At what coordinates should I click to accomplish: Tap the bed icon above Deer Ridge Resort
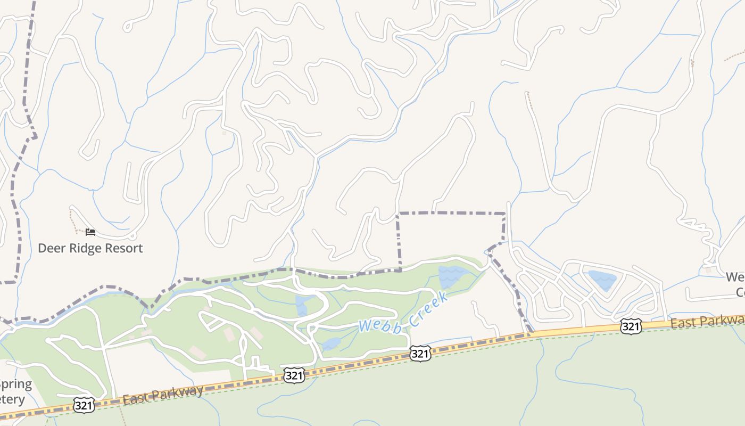point(90,232)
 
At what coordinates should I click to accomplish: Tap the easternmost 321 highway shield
point(631,326)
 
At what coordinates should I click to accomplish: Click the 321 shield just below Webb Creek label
point(420,353)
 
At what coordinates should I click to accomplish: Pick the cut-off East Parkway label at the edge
point(707,322)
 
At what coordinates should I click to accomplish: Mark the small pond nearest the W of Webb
point(330,344)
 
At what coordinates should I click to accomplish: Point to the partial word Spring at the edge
point(16,384)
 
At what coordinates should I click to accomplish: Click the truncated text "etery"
point(13,399)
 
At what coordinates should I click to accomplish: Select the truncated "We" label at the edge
point(735,277)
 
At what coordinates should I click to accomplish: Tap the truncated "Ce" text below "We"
point(740,292)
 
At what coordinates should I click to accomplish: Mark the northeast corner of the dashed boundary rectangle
point(504,214)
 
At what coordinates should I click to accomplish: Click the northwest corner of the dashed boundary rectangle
point(399,214)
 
